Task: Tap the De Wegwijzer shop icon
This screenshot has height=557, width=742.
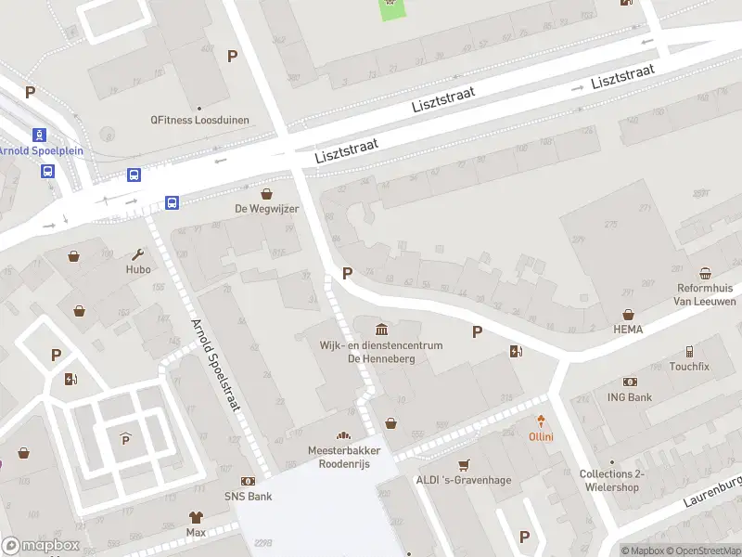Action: (267, 194)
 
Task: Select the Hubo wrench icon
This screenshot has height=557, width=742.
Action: (138, 254)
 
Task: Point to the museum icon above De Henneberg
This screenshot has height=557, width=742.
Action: (382, 330)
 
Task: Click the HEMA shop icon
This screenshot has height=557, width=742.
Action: (629, 315)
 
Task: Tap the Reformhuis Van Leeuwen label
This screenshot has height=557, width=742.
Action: (706, 294)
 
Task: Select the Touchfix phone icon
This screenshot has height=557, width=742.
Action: (689, 352)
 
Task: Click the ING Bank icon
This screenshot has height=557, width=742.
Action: (630, 382)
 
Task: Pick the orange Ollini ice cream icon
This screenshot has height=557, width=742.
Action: (542, 421)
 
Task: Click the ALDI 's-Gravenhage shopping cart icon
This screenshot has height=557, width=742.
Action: (464, 464)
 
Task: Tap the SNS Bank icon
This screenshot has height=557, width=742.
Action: (249, 481)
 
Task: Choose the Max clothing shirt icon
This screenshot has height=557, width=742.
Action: (196, 517)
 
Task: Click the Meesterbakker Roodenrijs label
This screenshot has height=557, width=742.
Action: (342, 457)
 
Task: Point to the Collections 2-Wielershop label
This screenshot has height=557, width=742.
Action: (610, 480)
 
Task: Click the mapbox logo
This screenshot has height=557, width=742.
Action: (41, 546)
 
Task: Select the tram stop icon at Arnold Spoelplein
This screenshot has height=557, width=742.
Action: (39, 135)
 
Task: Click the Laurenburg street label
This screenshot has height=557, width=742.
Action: (713, 492)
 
